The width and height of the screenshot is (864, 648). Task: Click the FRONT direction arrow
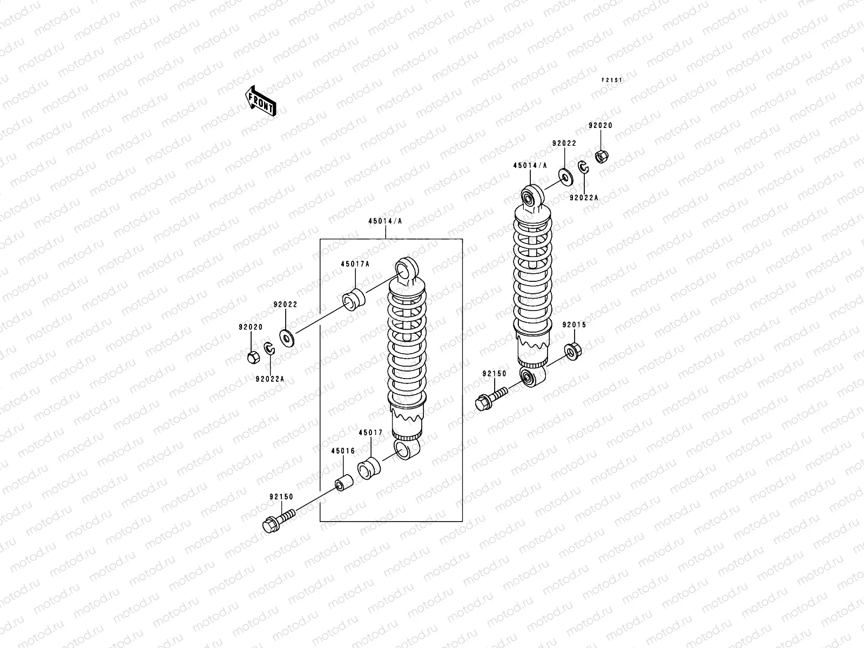[261, 100]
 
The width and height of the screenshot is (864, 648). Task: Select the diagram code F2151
[612, 80]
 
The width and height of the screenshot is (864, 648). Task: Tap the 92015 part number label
[574, 325]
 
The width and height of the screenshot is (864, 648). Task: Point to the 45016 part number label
[343, 451]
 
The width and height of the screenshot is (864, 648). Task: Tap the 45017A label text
[355, 264]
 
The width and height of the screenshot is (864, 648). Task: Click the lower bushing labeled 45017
[368, 466]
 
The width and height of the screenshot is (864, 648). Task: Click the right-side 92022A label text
[584, 198]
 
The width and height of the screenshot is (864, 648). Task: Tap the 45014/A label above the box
[385, 221]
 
